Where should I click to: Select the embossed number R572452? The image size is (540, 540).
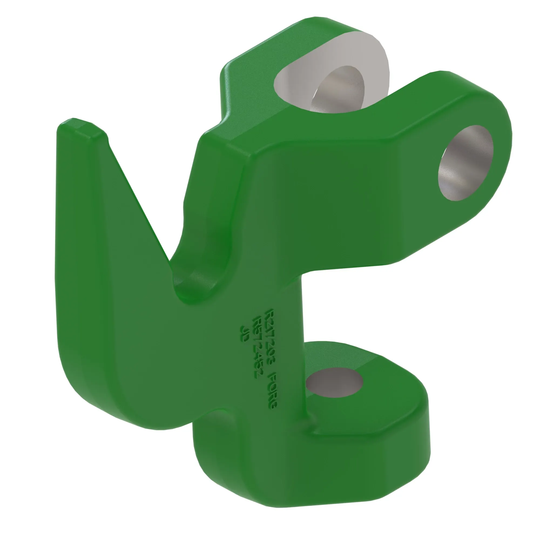(x=255, y=347)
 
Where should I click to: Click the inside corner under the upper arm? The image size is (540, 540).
(x=306, y=275)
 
